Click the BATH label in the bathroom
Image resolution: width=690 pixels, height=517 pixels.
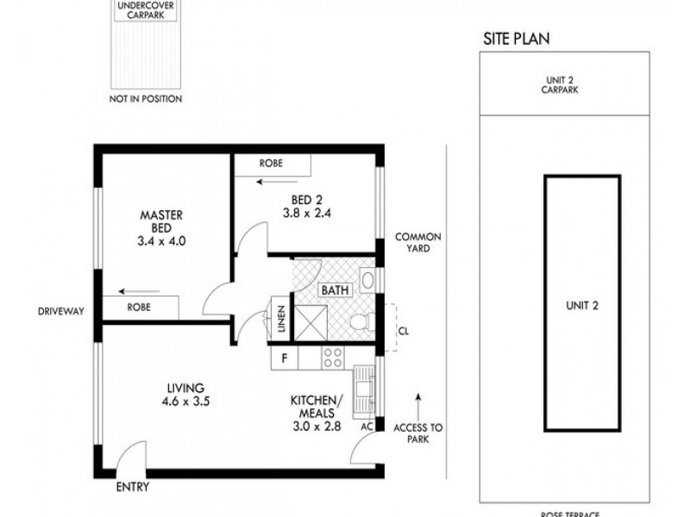click(x=334, y=291)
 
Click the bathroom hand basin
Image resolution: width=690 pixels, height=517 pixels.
click(x=367, y=280)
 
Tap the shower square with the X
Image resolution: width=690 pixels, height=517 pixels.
click(x=307, y=321)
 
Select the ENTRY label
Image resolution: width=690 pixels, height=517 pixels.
click(x=132, y=487)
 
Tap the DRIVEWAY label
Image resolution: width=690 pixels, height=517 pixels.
click(x=60, y=311)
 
